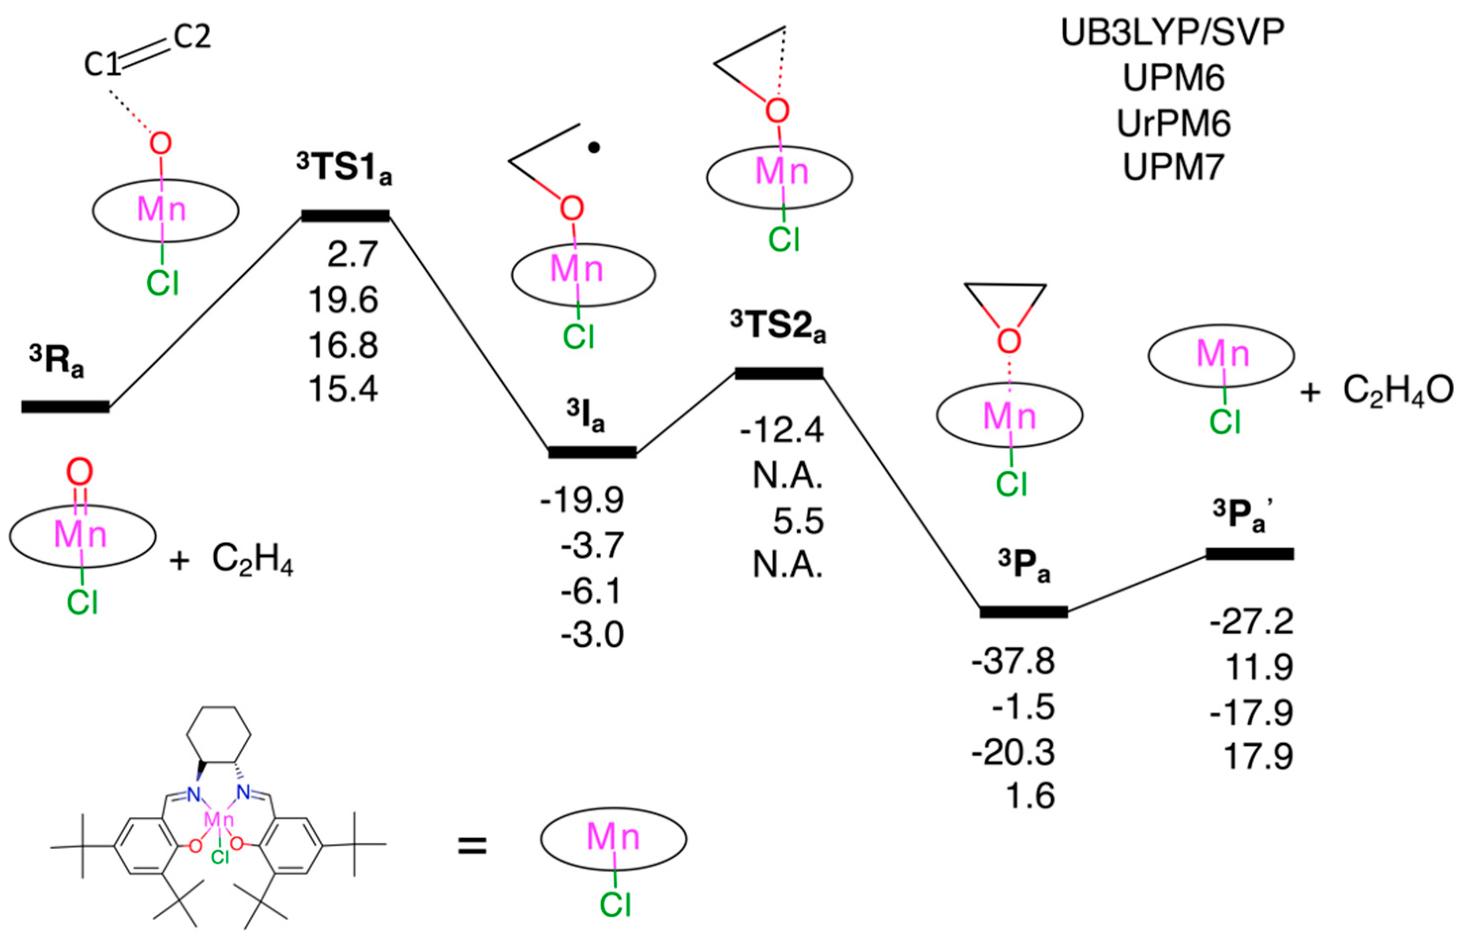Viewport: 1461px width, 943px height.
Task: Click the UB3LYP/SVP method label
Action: (1172, 34)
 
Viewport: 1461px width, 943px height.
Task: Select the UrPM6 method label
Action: (1173, 124)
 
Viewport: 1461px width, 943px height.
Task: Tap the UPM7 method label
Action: (1173, 167)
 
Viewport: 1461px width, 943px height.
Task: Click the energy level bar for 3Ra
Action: (65, 407)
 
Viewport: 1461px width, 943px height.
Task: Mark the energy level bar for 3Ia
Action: (592, 453)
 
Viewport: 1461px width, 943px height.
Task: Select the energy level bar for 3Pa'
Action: (1249, 554)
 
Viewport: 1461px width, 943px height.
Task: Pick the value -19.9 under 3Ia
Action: (582, 500)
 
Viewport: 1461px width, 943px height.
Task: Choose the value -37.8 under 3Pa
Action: (1013, 662)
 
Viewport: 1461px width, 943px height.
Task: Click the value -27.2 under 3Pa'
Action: (1251, 622)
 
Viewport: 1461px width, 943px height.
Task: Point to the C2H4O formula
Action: (1398, 391)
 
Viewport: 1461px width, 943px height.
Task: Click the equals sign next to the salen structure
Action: (472, 848)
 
